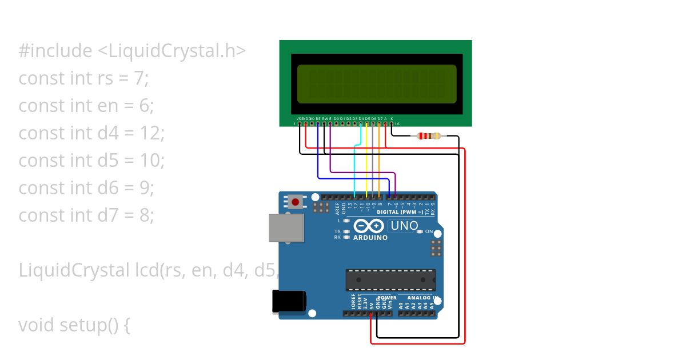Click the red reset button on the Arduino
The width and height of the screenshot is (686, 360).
(x=296, y=202)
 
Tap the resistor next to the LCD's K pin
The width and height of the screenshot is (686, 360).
(x=429, y=136)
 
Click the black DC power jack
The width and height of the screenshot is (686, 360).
(x=289, y=301)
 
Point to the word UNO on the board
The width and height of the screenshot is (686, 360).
(x=404, y=226)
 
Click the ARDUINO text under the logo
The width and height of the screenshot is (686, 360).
(x=370, y=238)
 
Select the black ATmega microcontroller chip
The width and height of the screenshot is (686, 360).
(x=390, y=280)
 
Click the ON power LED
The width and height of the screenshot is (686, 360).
(x=420, y=231)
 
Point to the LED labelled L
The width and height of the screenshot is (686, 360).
(x=346, y=220)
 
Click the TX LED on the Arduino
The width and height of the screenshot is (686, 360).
(x=346, y=231)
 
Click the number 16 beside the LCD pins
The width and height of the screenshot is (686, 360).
(x=397, y=124)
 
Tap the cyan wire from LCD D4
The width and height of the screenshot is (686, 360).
(x=355, y=166)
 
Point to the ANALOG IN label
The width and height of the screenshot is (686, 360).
(x=422, y=298)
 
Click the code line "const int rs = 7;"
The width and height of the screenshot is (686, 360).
(x=83, y=78)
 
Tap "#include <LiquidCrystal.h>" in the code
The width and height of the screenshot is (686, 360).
(x=132, y=50)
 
